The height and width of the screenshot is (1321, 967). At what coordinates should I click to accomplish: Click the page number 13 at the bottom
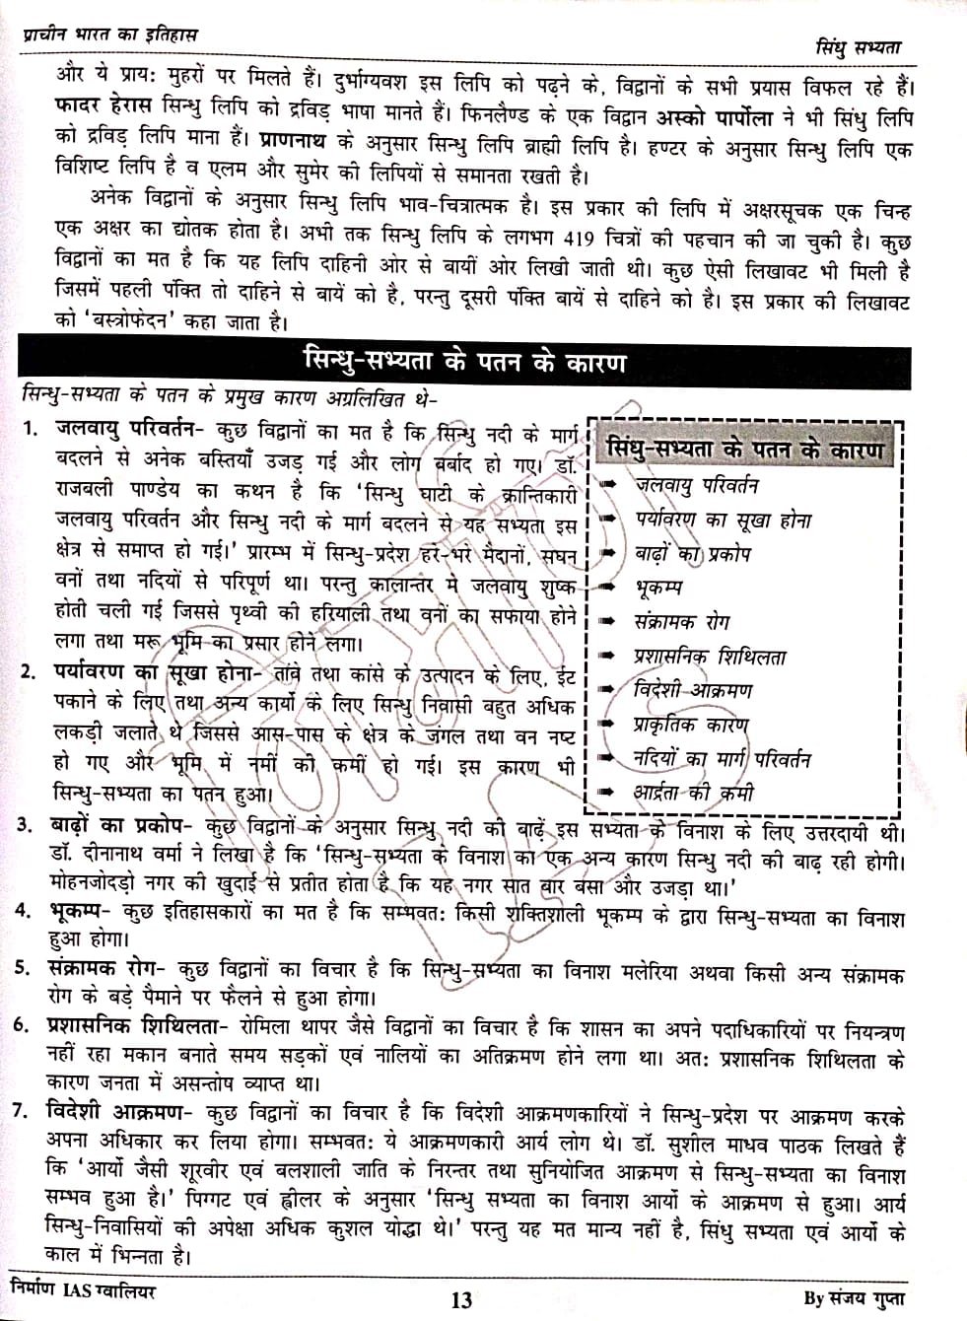461,1299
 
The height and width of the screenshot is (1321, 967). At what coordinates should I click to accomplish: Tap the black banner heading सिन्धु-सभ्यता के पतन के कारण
464,362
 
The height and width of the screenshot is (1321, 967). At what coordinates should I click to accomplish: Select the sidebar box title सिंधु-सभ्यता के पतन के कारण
745,450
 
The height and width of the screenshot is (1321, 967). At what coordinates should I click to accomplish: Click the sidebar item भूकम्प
658,589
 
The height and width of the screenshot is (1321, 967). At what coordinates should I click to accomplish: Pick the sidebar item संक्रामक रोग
681,622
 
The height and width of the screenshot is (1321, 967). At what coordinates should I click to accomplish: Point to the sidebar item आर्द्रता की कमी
694,792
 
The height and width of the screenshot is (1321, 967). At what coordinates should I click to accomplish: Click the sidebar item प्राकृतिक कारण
691,726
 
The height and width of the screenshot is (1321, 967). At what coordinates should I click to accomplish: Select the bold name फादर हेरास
88,104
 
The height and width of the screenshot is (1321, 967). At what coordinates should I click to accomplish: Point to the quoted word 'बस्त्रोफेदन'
123,319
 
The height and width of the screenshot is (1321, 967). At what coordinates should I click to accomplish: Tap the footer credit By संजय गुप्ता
853,1297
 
